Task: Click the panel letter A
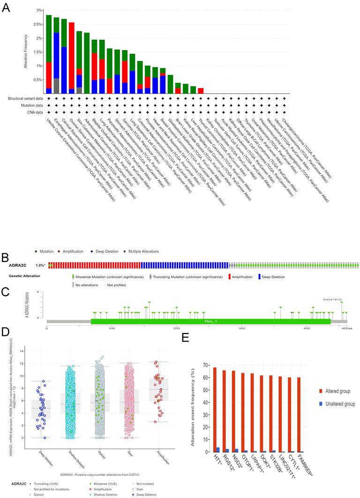pyautogui.click(x=6, y=8)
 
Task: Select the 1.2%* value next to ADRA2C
pyautogui.click(x=41, y=265)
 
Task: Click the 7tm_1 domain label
pyautogui.click(x=210, y=321)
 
